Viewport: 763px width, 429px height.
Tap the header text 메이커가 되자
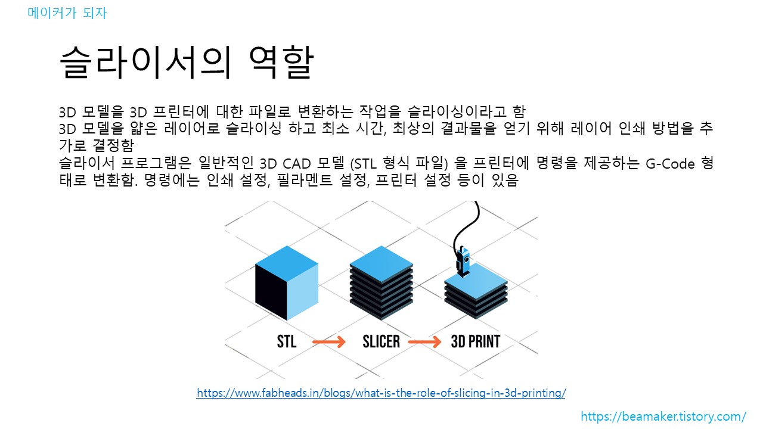coord(67,13)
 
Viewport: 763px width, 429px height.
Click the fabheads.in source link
coord(381,393)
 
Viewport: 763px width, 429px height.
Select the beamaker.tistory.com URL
coord(663,416)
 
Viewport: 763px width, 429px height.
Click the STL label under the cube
coord(287,341)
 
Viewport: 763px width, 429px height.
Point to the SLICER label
coord(381,341)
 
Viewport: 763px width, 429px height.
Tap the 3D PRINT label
coord(475,341)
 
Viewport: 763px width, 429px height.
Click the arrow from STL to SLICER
coord(329,342)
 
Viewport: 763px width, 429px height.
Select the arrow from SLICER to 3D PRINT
coord(424,342)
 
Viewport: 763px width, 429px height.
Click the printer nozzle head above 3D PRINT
coord(463,262)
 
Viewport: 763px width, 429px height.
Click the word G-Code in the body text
coord(671,164)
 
